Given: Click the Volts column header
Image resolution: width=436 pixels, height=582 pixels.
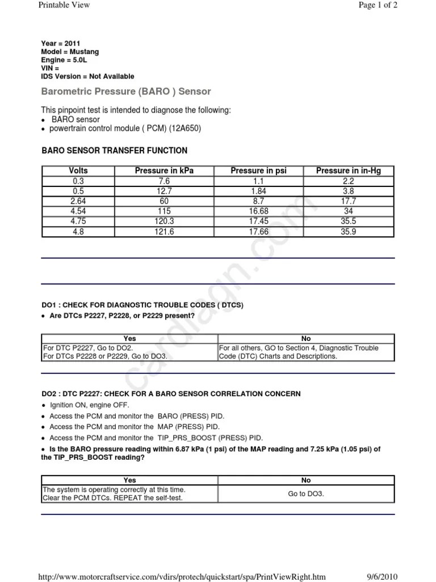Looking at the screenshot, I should [78, 171].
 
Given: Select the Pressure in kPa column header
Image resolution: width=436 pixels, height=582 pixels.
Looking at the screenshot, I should [164, 171].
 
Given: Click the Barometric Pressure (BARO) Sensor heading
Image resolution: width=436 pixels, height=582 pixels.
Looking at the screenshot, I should [126, 92].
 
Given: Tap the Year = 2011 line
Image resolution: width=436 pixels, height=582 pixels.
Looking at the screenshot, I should [61, 44].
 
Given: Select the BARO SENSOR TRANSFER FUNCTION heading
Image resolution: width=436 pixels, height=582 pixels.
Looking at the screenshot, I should [115, 151].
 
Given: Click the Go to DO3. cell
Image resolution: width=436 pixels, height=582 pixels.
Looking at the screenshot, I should [306, 494].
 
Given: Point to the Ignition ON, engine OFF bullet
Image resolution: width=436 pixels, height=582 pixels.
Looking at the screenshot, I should [89, 405].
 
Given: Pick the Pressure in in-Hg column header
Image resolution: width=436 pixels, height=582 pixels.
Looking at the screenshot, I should [349, 171].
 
